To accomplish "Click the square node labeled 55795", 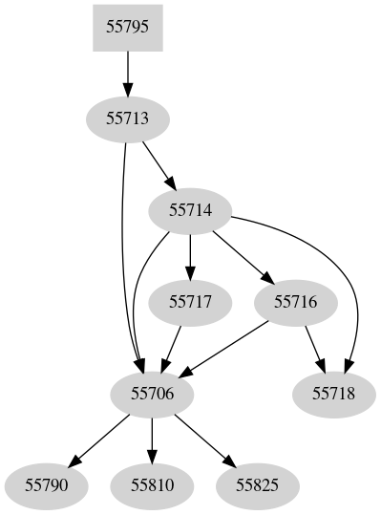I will tap(127, 28).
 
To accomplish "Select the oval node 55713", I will tap(127, 118).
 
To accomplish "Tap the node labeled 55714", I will tap(190, 209).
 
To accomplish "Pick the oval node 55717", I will tap(190, 301).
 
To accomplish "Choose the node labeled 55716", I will tap(295, 301).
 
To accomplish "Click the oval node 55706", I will tap(152, 393).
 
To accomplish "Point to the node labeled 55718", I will tap(332, 393).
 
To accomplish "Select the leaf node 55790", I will tap(47, 484).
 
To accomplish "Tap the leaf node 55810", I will tap(152, 484).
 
